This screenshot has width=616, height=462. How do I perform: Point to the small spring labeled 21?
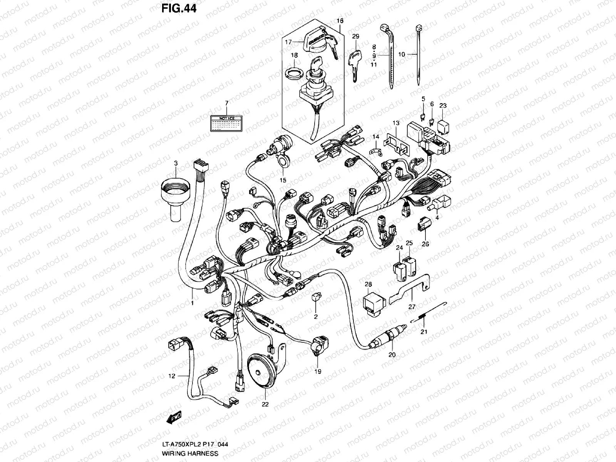[x=422, y=317]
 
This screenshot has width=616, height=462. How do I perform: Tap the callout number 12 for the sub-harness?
[x=172, y=376]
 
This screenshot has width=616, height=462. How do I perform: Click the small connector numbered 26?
[x=423, y=225]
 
